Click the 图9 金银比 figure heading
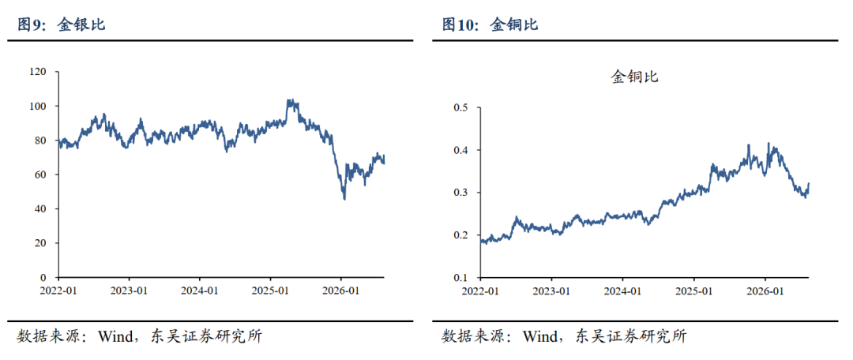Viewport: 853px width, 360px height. (x=62, y=24)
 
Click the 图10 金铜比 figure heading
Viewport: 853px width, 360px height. (x=490, y=24)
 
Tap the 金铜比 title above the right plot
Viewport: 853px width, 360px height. (x=635, y=77)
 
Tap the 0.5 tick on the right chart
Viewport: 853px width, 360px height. (x=460, y=107)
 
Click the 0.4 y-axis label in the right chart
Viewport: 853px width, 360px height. (x=460, y=150)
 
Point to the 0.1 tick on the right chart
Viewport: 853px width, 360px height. (x=460, y=278)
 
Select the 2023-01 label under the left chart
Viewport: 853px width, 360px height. (x=129, y=291)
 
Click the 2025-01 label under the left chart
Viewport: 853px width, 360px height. (x=270, y=291)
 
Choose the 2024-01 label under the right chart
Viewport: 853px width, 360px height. (x=623, y=291)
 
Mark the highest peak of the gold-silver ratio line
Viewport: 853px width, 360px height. (x=289, y=99)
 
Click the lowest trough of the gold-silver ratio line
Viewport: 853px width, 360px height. (x=344, y=199)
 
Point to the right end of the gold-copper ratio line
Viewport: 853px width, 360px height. (x=809, y=183)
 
